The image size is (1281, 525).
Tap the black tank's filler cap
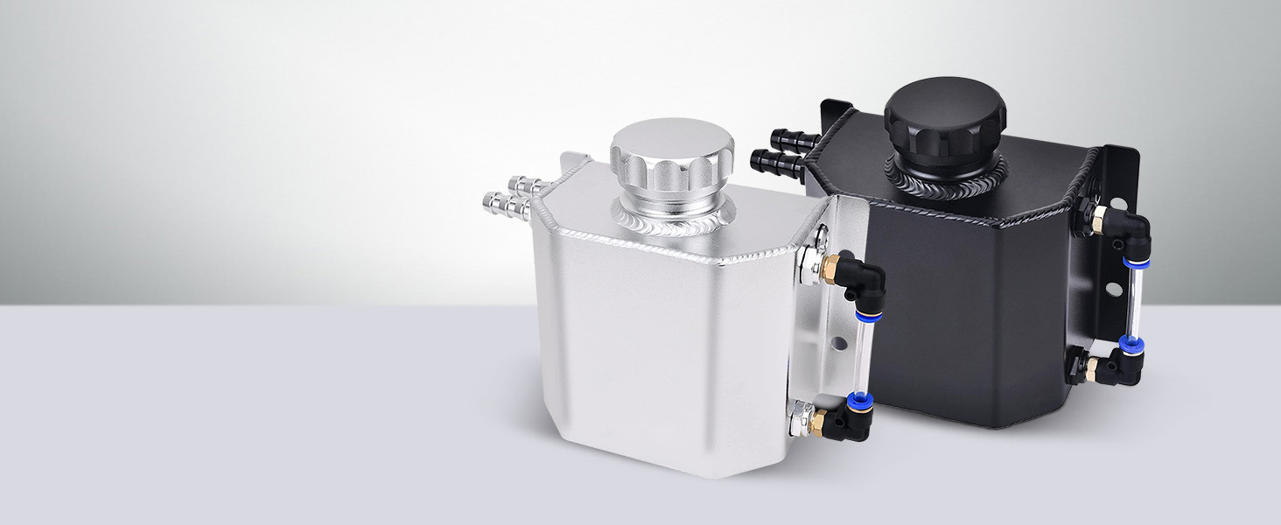pyautogui.click(x=944, y=114)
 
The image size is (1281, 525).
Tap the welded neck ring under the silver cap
pyautogui.click(x=672, y=218)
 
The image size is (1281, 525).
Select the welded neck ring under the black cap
pyautogui.click(x=945, y=171)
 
